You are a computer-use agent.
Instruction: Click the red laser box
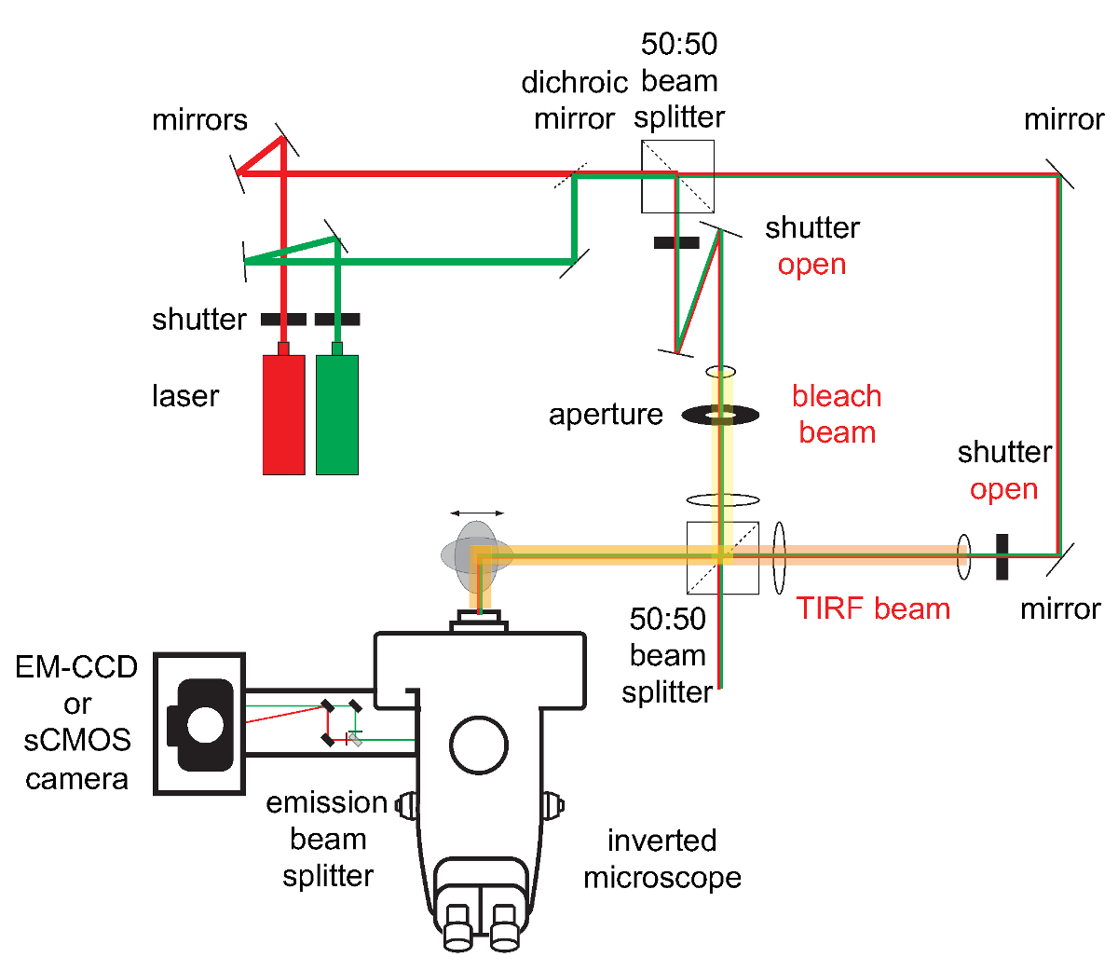283,415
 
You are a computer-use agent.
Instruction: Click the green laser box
337,415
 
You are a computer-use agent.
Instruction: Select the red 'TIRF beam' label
873,609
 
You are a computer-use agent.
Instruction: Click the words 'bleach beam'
837,414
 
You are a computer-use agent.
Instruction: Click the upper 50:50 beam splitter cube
677,176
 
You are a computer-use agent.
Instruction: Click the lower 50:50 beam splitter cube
722,557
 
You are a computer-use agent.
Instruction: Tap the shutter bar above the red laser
283,320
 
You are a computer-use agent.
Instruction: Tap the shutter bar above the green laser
337,320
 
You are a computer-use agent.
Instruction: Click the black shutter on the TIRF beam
1002,556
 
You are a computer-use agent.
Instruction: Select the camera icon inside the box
200,724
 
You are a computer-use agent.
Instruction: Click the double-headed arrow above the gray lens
477,513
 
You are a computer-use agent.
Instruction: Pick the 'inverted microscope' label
662,858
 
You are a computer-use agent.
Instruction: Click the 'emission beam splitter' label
327,839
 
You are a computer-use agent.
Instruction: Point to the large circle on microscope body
479,745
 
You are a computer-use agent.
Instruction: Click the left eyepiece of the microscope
458,928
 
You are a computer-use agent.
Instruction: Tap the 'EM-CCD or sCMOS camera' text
76,722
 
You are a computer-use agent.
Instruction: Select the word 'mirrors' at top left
199,120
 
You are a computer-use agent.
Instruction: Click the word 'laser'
185,396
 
